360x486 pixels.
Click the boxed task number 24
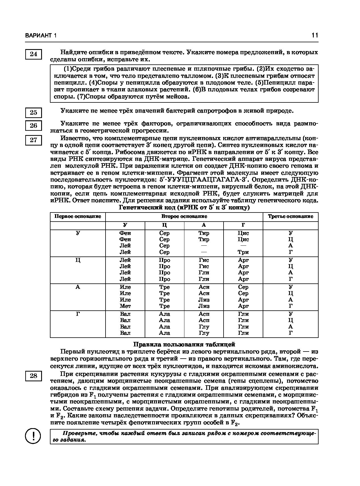tap(33, 54)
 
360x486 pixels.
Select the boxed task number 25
tap(33, 112)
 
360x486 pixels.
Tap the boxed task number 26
tap(33, 125)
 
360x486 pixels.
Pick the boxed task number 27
tap(33, 140)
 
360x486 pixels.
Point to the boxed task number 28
tap(33, 376)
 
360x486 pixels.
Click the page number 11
tap(315, 35)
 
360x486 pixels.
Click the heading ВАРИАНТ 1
tap(41, 36)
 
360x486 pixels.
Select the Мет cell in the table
tap(125, 306)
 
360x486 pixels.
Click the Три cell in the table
tap(243, 252)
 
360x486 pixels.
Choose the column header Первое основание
tap(78, 216)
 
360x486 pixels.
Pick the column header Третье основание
tap(290, 216)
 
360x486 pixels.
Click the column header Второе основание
tap(184, 216)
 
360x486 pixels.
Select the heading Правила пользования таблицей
tap(184, 344)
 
